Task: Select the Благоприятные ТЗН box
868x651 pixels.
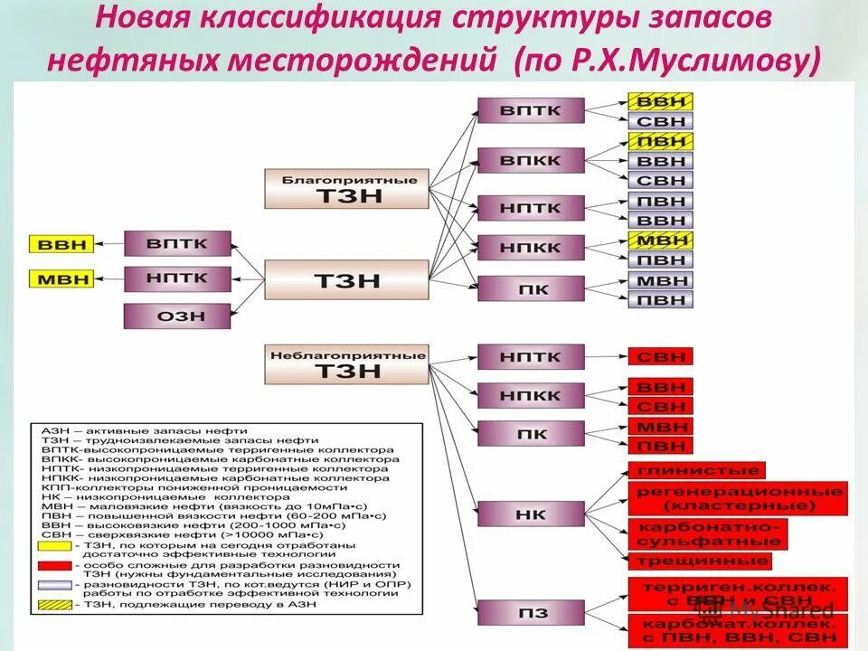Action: (346, 189)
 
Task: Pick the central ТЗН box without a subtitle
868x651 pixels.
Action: (346, 280)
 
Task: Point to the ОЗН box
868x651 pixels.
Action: (177, 316)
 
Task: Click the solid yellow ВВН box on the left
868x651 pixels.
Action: (62, 244)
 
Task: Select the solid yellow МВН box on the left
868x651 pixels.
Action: (62, 278)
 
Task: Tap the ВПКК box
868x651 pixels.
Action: (531, 161)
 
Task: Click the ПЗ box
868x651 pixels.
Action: (531, 614)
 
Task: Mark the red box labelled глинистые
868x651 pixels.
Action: (696, 470)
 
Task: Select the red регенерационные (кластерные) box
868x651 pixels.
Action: (738, 499)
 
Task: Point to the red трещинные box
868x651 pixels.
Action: (699, 561)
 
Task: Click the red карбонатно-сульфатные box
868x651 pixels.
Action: (707, 533)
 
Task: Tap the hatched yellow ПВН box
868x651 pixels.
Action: (659, 141)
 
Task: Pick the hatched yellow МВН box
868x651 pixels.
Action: (659, 241)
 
